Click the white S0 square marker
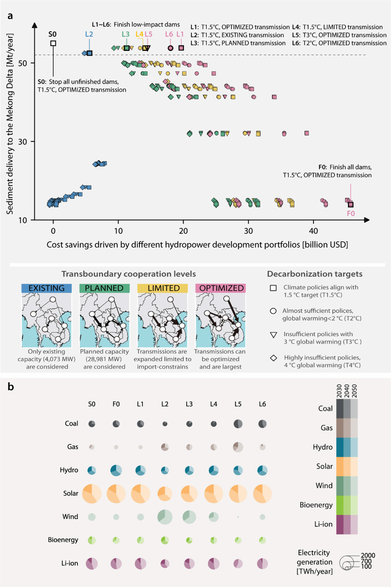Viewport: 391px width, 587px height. coord(53,43)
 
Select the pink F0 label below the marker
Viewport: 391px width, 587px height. coord(351,214)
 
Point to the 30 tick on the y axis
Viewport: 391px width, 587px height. coord(23,142)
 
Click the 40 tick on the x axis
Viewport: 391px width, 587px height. coord(314,231)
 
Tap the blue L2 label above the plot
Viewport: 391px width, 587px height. coord(89,34)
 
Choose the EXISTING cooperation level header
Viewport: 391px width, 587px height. coord(47,288)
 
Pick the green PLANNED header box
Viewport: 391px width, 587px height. coord(104,288)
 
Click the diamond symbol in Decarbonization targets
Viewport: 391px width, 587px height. coord(274,358)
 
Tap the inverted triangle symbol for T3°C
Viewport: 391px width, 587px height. coord(274,335)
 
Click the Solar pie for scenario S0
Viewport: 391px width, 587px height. coord(92,494)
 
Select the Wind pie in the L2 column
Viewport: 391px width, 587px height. coord(165,517)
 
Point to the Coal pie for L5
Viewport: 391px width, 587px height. coord(238,424)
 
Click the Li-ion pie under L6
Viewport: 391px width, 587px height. coord(262,564)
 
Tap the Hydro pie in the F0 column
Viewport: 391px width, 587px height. coord(116,470)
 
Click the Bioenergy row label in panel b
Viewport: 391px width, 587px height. coord(63,540)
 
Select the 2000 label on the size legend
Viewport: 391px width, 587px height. coord(368,555)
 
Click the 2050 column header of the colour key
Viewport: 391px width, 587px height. coord(354,391)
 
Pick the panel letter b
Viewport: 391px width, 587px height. coord(11,387)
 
